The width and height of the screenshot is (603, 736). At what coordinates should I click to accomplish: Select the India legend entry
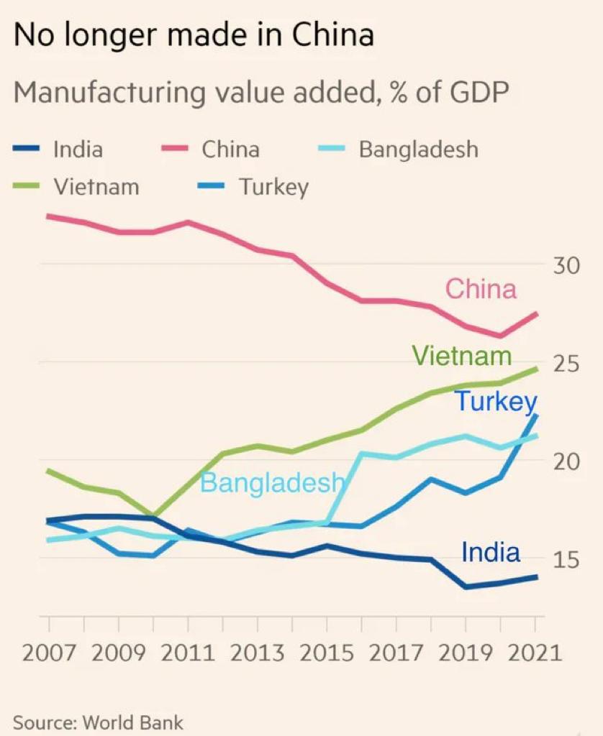(x=78, y=149)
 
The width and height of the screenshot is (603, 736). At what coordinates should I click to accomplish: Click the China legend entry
(x=230, y=149)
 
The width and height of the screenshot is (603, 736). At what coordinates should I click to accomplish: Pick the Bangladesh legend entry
(x=418, y=149)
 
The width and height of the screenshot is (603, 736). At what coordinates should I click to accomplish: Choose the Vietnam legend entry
(x=96, y=187)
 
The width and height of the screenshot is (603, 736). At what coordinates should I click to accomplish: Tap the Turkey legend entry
(x=273, y=187)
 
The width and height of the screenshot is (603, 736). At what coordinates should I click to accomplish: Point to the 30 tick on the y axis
(x=567, y=266)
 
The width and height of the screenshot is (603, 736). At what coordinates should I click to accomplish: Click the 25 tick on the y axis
(x=567, y=364)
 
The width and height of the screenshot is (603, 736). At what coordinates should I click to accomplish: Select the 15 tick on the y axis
(x=567, y=560)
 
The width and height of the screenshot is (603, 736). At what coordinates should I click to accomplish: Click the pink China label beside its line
(x=481, y=289)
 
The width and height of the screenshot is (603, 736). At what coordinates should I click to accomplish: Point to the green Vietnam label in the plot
(x=461, y=356)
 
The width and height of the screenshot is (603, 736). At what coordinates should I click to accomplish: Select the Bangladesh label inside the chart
(x=272, y=482)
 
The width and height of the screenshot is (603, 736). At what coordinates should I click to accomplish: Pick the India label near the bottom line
(x=490, y=552)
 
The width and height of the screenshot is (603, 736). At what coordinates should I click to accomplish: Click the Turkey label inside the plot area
(x=496, y=401)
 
